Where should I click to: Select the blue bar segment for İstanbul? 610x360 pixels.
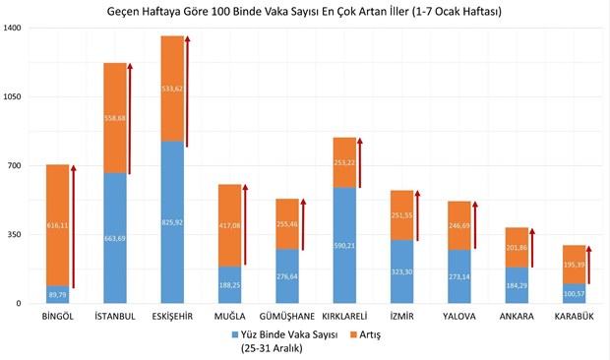pos(115,238)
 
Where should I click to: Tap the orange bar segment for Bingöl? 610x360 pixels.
pos(58,225)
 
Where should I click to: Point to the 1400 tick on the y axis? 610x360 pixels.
pos(13,29)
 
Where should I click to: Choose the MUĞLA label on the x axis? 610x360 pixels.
pos(230,317)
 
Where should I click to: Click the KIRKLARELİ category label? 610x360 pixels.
pos(344,317)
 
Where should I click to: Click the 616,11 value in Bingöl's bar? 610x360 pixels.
pos(58,225)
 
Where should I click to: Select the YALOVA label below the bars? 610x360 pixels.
pos(458,317)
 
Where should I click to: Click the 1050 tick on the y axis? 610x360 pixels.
pos(13,97)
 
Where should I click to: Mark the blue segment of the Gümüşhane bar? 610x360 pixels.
pos(287,276)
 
